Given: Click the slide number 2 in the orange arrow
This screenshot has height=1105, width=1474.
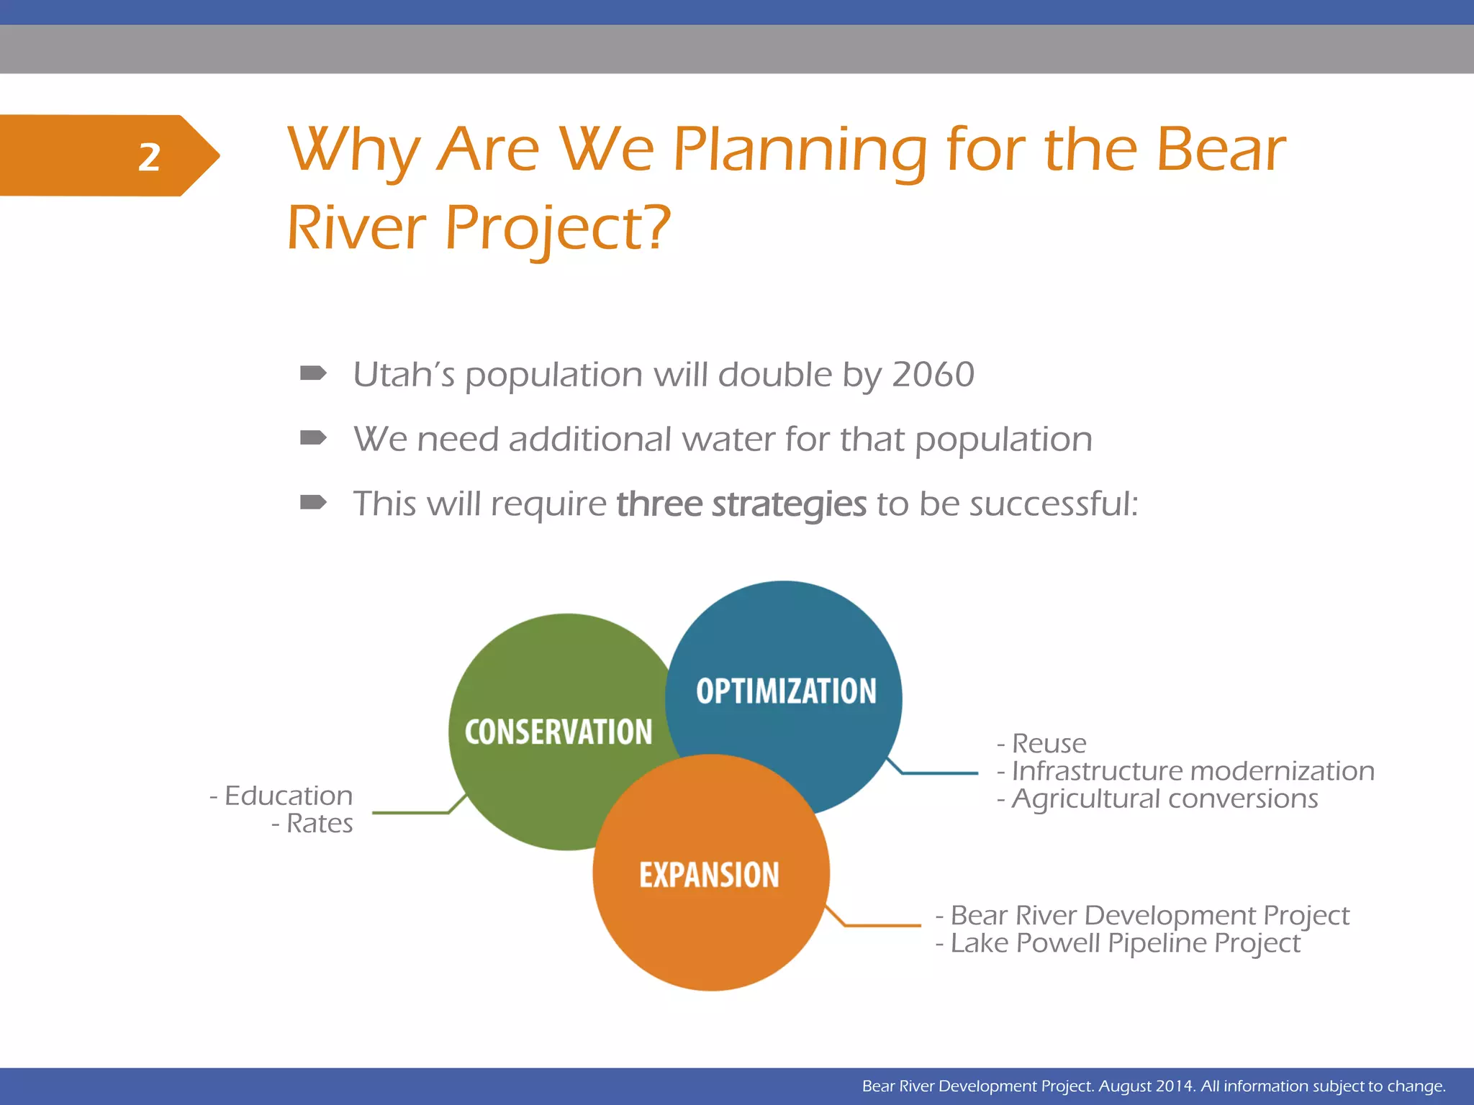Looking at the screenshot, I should [149, 157].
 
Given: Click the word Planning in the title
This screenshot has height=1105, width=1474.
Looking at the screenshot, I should [799, 151].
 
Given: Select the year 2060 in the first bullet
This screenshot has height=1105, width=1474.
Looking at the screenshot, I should [933, 375].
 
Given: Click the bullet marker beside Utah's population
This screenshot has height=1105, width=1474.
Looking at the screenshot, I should [313, 373].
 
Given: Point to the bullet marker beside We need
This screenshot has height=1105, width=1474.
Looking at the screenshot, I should [313, 437].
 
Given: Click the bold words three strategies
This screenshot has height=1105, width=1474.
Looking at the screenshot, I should [741, 504].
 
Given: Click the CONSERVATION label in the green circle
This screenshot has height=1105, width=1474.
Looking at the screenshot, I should [559, 732].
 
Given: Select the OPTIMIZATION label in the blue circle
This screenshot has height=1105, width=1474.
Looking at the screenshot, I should [786, 691].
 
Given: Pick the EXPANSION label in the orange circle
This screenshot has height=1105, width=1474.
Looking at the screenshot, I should [709, 876].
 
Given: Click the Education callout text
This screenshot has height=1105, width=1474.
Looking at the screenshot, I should [288, 796].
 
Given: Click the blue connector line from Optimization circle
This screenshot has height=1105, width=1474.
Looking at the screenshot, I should [939, 773].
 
